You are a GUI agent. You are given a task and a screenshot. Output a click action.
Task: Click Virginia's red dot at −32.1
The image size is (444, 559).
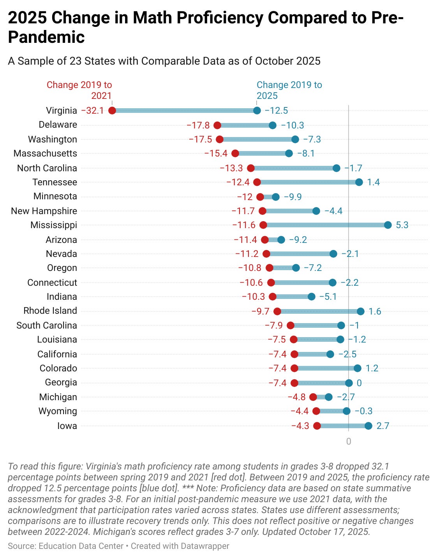112,111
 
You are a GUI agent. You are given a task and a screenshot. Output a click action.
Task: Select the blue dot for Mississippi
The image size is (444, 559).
388,225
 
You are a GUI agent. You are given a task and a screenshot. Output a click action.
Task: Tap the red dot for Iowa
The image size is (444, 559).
317,426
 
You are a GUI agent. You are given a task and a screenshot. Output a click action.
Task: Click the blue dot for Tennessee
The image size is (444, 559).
359,182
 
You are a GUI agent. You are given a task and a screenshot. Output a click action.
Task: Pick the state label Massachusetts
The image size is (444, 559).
45,153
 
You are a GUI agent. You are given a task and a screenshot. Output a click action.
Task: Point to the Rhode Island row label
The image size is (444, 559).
50,311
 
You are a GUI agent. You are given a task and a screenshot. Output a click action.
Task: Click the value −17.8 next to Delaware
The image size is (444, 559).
198,125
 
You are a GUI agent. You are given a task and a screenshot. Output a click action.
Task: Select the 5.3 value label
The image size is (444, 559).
402,225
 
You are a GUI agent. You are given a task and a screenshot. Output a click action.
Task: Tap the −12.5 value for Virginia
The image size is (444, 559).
276,111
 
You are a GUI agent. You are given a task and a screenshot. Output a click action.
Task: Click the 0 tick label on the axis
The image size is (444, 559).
349,441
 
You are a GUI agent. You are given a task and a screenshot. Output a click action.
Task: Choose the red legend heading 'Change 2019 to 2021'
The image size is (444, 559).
79,90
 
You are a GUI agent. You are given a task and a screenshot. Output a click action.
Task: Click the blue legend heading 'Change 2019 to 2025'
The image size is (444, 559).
289,90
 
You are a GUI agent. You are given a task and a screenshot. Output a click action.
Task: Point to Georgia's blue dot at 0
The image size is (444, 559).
349,383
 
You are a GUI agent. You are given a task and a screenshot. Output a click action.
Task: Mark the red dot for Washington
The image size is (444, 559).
220,139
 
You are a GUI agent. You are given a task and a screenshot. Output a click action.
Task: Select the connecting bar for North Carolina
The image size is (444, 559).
294,168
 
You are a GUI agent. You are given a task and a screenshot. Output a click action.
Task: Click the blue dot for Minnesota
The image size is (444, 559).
276,197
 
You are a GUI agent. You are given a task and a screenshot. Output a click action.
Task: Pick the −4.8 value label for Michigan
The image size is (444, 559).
296,397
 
